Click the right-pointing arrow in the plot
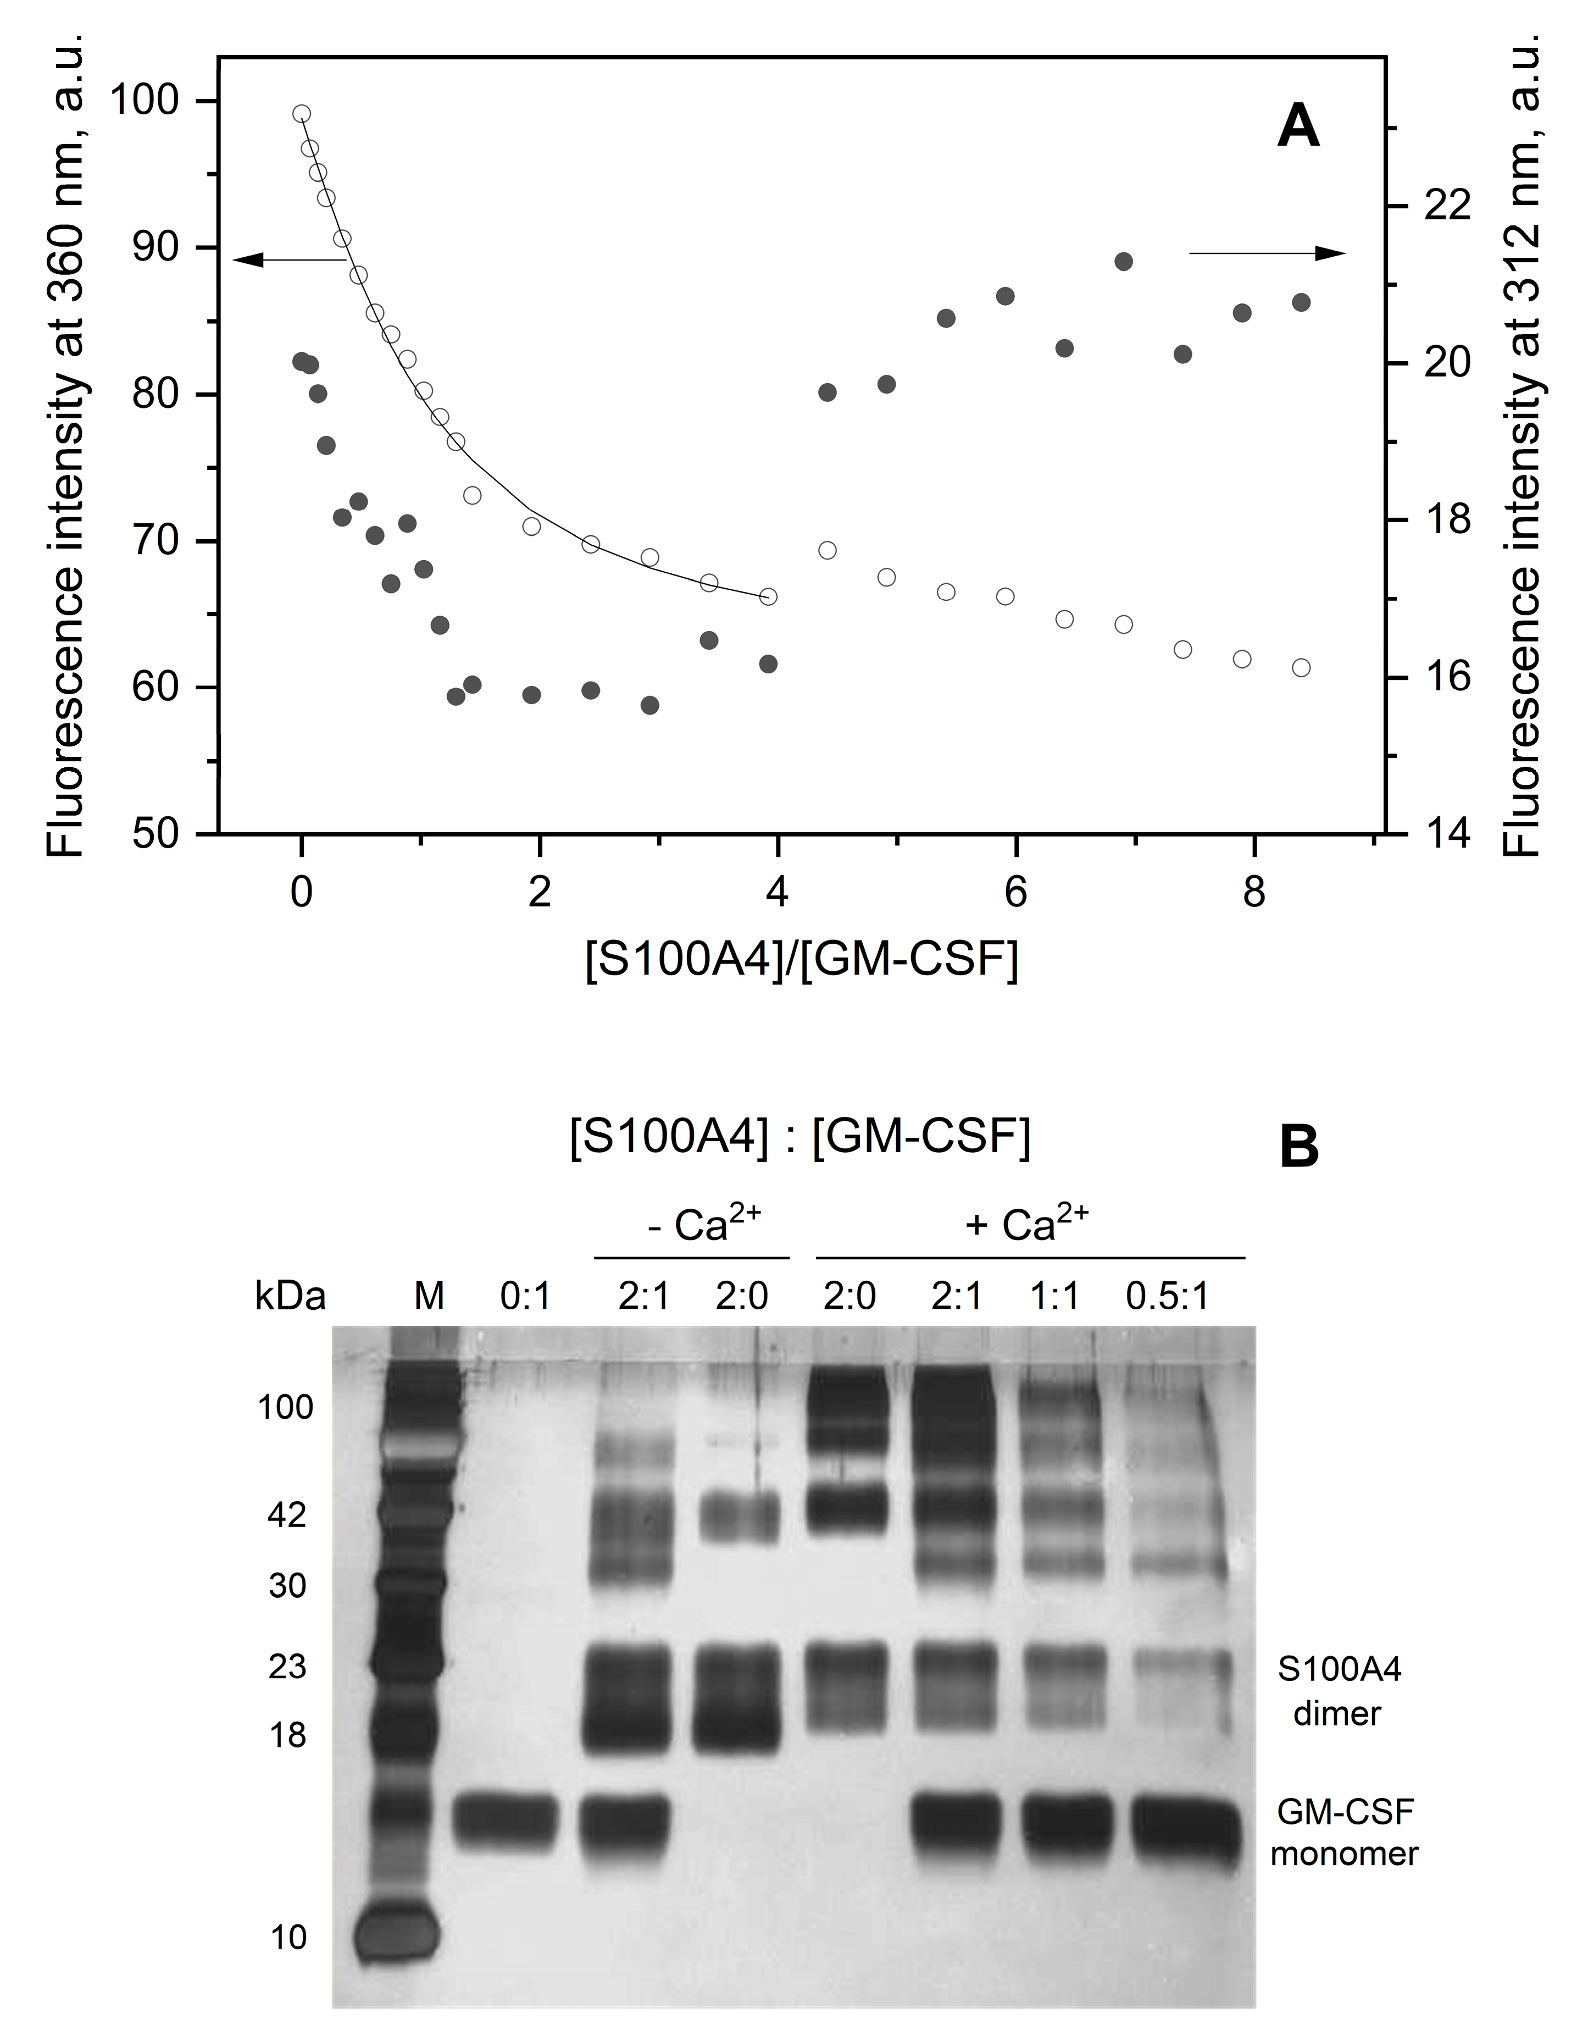[1268, 253]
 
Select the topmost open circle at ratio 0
[301, 114]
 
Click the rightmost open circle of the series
[1301, 667]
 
